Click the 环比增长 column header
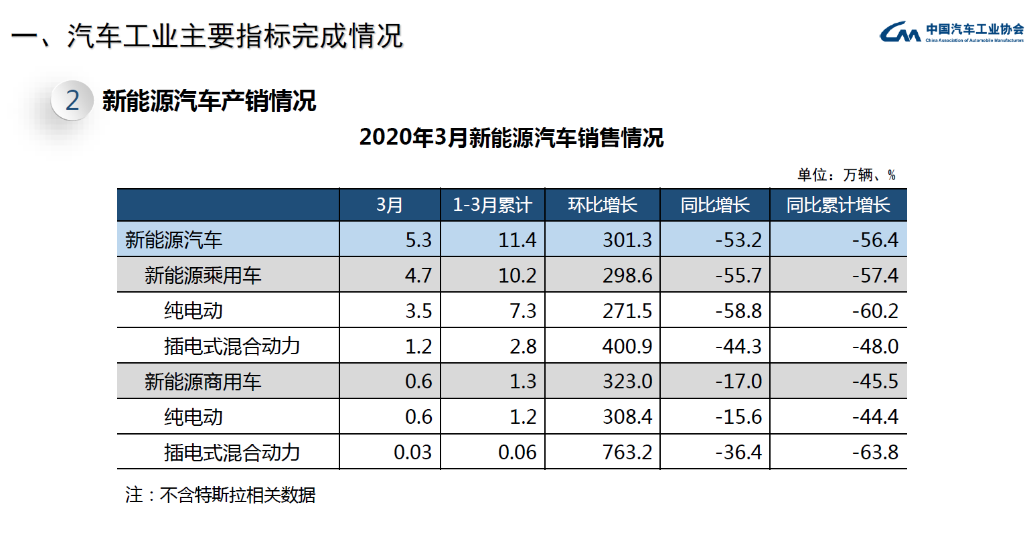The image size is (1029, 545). coord(602,205)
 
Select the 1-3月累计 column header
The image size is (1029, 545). coord(492,205)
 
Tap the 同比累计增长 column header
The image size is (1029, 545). coord(838,205)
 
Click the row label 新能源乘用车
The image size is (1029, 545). coord(203,275)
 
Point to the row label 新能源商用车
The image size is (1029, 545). coord(203,382)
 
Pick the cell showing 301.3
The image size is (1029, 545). coord(627,240)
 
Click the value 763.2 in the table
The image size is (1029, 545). coord(627,452)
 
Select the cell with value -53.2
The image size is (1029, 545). coord(738,240)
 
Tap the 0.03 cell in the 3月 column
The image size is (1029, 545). coord(412,452)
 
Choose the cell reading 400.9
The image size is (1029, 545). coord(627,346)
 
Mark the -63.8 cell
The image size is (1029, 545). coord(875,452)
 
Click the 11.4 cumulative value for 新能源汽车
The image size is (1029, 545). coord(517,240)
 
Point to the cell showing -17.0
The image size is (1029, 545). coord(738,381)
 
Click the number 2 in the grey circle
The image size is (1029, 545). coord(72,100)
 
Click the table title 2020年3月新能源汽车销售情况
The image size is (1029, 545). coord(511,137)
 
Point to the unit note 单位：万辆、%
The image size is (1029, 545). coord(846,175)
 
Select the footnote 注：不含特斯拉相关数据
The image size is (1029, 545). coord(220,495)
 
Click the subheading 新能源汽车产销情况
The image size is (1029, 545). coord(209,101)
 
